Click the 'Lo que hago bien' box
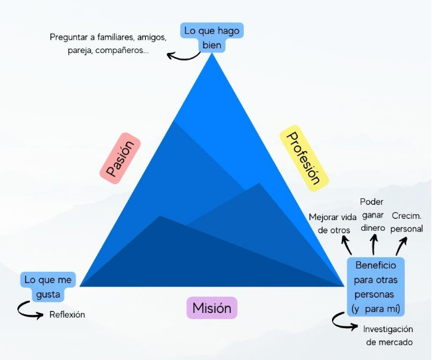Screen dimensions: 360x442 [211, 37]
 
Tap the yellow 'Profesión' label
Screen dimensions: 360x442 [304, 158]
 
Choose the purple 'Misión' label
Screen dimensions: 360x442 [211, 308]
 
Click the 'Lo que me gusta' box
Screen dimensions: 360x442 [46, 286]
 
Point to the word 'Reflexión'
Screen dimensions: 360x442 [67, 314]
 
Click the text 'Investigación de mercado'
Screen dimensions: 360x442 [388, 335]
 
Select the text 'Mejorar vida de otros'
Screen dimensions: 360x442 [333, 223]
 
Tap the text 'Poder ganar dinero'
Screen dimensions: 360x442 [372, 214]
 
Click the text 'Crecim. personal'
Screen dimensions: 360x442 [407, 222]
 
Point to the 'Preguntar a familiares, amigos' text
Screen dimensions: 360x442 [108, 37]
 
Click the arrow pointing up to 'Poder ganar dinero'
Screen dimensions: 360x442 [373, 247]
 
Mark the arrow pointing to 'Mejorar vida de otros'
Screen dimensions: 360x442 [347, 246]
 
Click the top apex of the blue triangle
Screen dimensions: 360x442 [212, 54]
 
